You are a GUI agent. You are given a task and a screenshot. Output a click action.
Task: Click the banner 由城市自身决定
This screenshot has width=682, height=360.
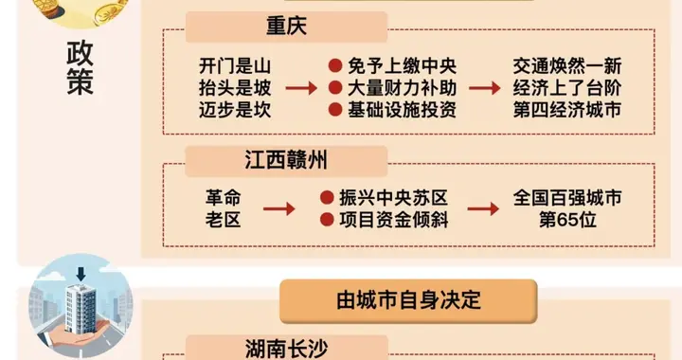[408, 301]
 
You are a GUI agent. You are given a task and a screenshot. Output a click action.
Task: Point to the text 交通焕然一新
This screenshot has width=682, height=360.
[566, 66]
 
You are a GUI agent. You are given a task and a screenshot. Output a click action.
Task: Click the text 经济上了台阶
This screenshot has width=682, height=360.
[566, 88]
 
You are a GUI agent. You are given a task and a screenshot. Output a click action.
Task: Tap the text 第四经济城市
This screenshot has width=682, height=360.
[566, 110]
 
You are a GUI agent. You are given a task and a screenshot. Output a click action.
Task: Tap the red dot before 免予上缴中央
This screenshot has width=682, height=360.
[334, 66]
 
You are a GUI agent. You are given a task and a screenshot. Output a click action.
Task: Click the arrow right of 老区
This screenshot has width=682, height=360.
[278, 210]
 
